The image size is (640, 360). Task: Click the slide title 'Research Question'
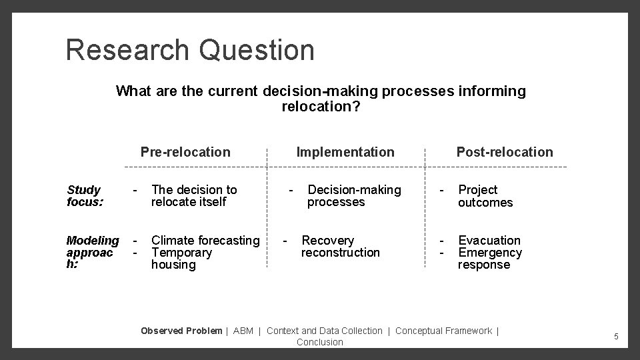coord(189,50)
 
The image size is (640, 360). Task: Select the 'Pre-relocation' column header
coord(185,152)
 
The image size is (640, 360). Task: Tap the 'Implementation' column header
coord(345,152)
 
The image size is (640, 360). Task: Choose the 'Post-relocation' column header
coord(504,152)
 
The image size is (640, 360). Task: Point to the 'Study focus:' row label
coord(84,196)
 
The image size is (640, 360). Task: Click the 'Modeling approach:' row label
coord(93,252)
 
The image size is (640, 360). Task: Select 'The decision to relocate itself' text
coord(193,196)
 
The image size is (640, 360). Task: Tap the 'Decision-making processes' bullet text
coord(354,196)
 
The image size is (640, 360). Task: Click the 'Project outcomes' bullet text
coord(485,196)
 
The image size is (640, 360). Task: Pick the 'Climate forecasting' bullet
coord(205,240)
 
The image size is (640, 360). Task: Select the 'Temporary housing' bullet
coord(181,259)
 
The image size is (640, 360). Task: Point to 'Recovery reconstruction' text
coord(340,246)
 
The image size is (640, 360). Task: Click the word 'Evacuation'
coord(489,240)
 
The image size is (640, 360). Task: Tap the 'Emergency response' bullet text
coord(489,259)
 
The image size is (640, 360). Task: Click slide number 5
coord(616,337)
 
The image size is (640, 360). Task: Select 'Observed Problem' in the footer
coord(181,331)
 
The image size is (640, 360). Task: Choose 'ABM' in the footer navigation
coord(243,331)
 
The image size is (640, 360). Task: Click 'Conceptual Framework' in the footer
coord(443,331)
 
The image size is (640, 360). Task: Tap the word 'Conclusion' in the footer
coord(320,342)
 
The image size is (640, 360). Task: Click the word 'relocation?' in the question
coord(321,106)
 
